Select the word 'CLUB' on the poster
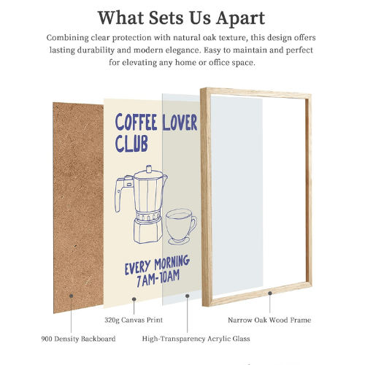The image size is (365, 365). (131, 144)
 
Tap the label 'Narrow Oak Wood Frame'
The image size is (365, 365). (271, 320)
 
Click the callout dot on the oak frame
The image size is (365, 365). (270, 293)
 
